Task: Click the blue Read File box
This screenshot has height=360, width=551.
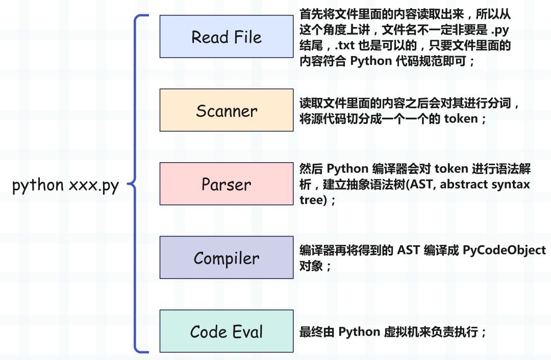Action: (227, 36)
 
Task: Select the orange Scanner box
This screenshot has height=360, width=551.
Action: (227, 110)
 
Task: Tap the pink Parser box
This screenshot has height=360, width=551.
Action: (227, 184)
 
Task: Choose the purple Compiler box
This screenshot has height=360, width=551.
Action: (227, 258)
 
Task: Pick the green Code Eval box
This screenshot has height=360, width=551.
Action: (227, 331)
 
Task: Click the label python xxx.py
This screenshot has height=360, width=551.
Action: (65, 185)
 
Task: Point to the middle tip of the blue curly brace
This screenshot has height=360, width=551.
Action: (128, 184)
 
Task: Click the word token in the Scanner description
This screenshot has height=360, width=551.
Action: (461, 119)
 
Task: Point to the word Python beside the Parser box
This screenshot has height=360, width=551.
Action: (347, 169)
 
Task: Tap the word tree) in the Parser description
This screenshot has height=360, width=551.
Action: (313, 200)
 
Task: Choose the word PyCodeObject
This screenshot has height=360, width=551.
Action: (504, 250)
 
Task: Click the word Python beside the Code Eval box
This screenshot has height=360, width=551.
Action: (359, 332)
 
